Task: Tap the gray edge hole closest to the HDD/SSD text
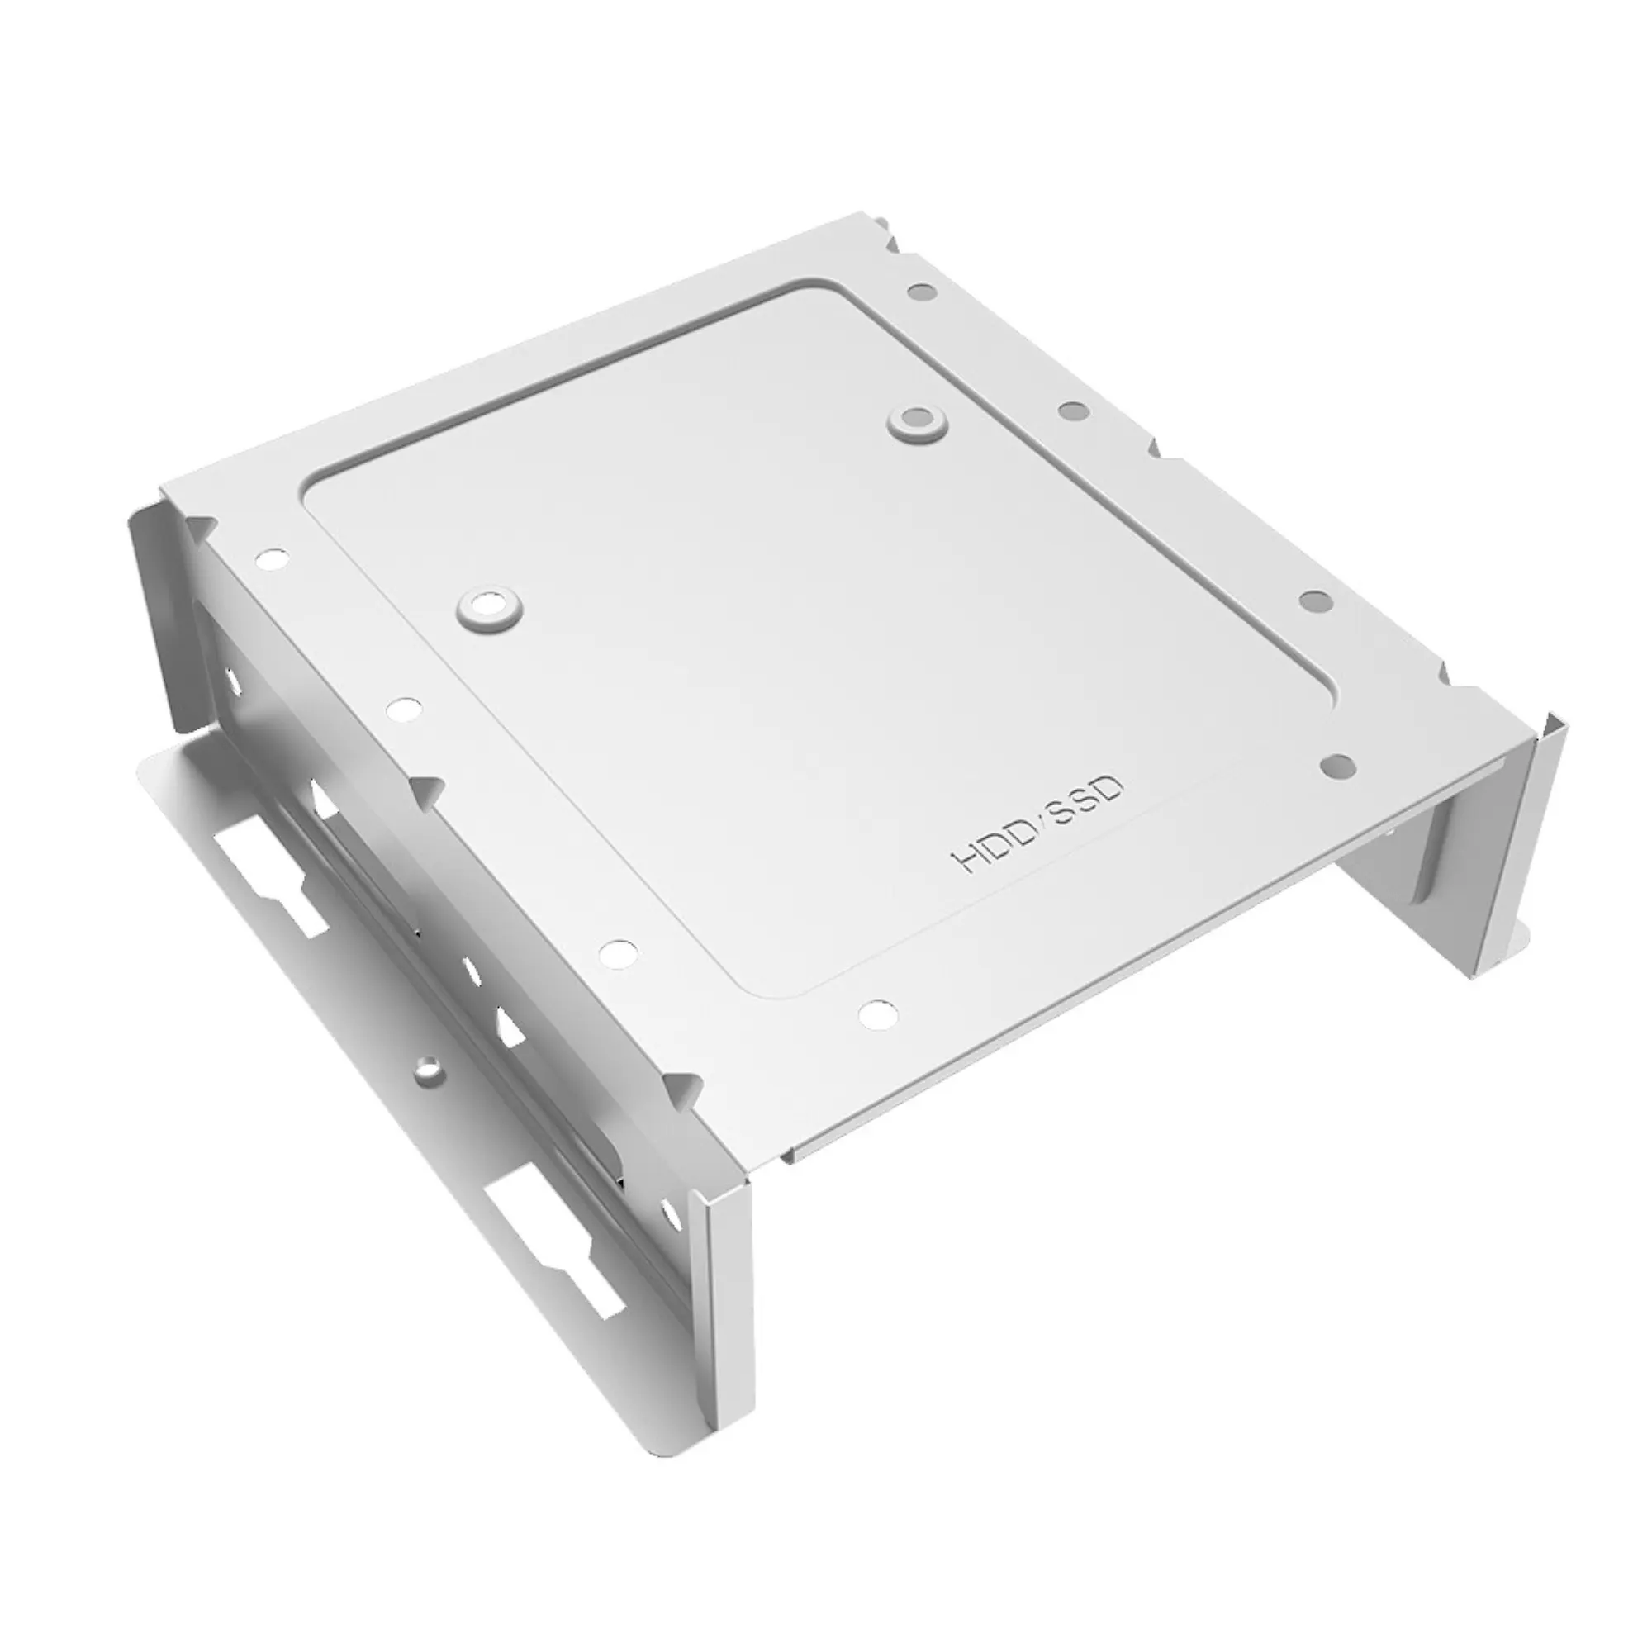(1338, 766)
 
